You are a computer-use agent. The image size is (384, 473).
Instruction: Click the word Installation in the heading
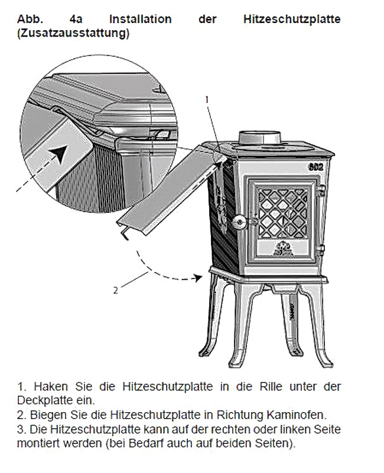click(x=141, y=19)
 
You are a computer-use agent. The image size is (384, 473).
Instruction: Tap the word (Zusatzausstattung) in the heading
click(x=73, y=33)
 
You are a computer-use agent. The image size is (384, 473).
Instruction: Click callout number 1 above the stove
click(x=207, y=99)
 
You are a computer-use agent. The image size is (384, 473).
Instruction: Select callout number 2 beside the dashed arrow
click(x=115, y=290)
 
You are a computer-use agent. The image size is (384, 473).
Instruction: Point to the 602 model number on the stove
click(x=315, y=167)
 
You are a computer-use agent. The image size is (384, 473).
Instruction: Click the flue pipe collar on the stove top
click(x=260, y=138)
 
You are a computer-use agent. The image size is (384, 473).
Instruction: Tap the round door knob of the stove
click(x=240, y=222)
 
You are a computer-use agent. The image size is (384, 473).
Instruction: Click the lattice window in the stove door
click(x=283, y=213)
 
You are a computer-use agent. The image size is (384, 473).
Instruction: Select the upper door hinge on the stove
click(x=321, y=190)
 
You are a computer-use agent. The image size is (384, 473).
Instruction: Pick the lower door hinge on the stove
click(x=321, y=250)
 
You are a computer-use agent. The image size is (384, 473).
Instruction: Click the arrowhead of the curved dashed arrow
click(x=198, y=278)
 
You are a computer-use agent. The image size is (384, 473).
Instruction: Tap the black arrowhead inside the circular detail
click(x=60, y=154)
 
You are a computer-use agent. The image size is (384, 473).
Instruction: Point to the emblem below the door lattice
click(x=283, y=250)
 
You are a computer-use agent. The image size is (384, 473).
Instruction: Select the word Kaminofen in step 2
click(x=297, y=415)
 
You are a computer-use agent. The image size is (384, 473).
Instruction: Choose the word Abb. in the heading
click(x=30, y=19)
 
